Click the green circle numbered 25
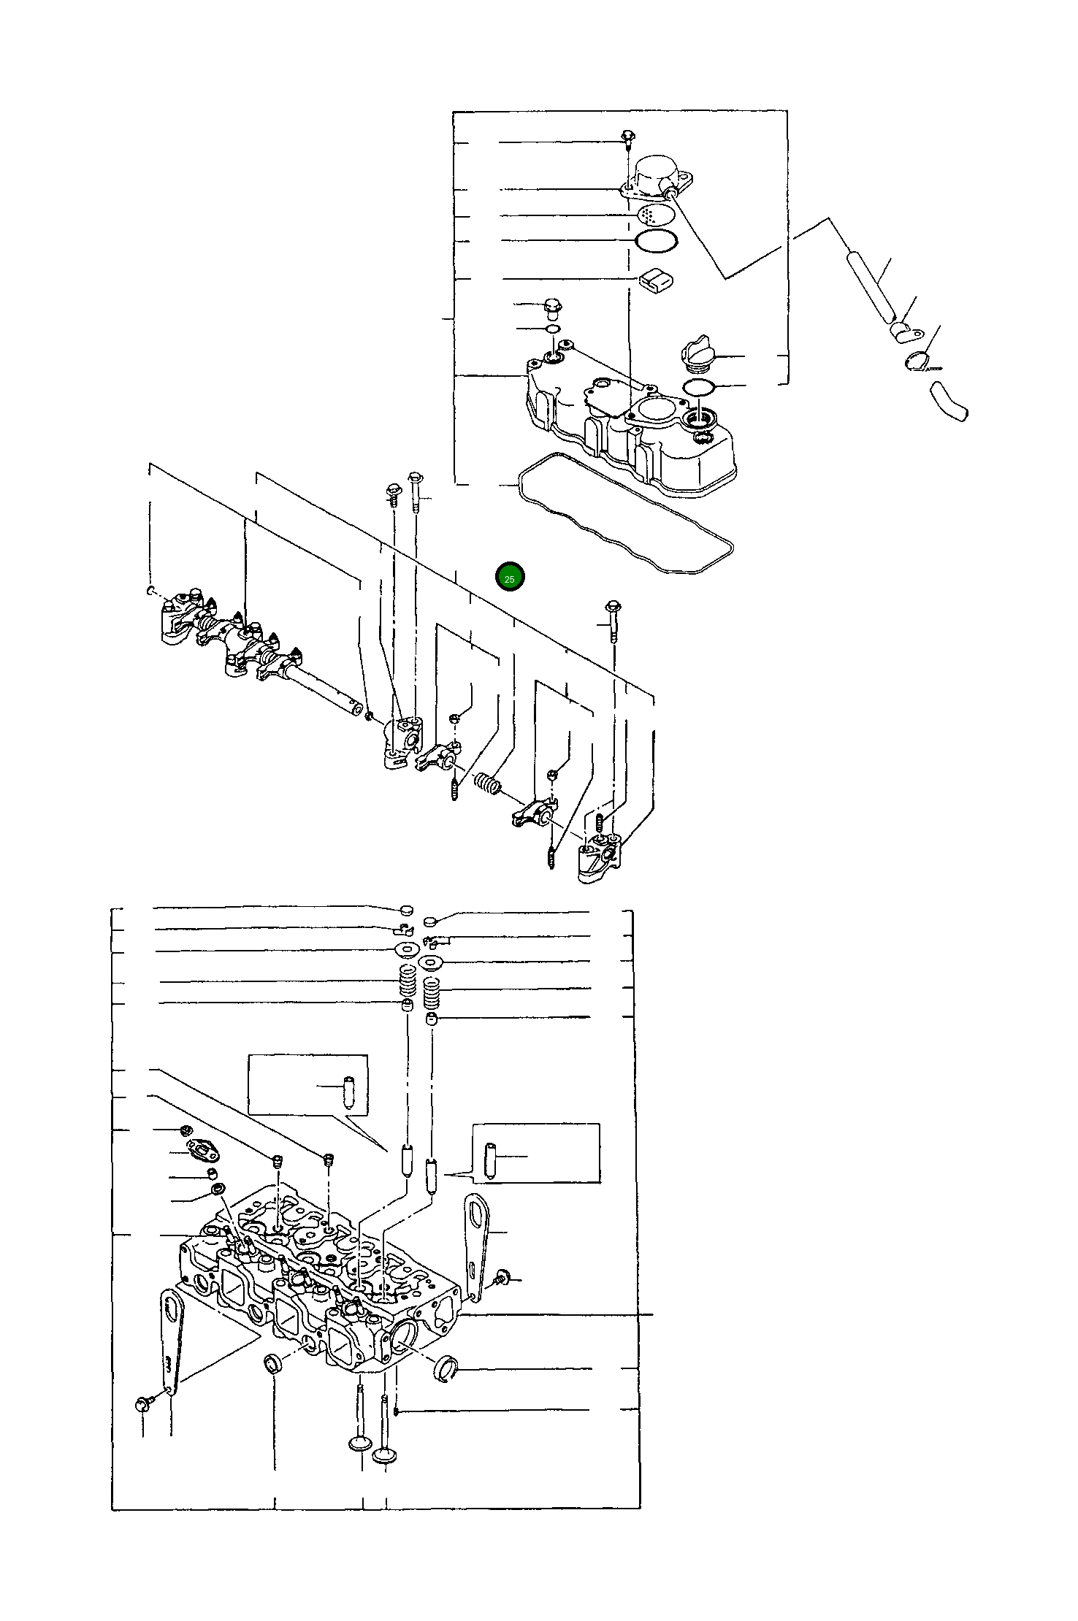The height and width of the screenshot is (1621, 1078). pos(510,578)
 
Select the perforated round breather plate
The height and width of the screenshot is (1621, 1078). pos(656,215)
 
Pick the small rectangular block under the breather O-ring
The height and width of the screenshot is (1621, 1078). pos(656,280)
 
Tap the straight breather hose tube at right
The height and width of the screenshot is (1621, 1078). pos(869,286)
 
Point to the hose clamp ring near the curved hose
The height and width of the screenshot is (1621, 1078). pos(920,360)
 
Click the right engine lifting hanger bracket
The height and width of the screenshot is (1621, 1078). pos(476,1240)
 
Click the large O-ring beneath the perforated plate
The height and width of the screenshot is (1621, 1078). pos(656,240)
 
